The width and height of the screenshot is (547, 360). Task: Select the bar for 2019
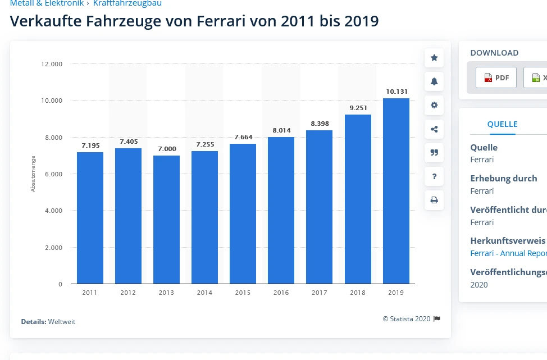pyautogui.click(x=396, y=191)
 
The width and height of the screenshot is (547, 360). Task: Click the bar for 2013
pyautogui.click(x=166, y=220)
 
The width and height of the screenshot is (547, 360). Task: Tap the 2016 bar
pyautogui.click(x=281, y=210)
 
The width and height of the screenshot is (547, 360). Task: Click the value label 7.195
pyautogui.click(x=90, y=145)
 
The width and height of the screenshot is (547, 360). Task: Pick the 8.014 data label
pyautogui.click(x=281, y=130)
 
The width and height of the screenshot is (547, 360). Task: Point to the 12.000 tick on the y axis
pyautogui.click(x=52, y=64)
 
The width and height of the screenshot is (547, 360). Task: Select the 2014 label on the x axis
pyautogui.click(x=204, y=293)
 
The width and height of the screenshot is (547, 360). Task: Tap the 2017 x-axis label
pyautogui.click(x=319, y=293)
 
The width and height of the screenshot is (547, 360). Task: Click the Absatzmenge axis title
pyautogui.click(x=33, y=174)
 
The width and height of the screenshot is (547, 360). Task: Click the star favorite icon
pyautogui.click(x=434, y=58)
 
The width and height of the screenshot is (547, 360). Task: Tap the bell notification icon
pyautogui.click(x=434, y=81)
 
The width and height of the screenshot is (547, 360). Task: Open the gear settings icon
pyautogui.click(x=434, y=105)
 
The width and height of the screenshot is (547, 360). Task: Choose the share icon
pyautogui.click(x=434, y=129)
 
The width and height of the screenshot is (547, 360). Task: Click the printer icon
pyautogui.click(x=434, y=200)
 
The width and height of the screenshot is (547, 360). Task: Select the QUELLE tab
pyautogui.click(x=502, y=124)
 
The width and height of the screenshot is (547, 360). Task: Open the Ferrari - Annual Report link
pyautogui.click(x=508, y=253)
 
